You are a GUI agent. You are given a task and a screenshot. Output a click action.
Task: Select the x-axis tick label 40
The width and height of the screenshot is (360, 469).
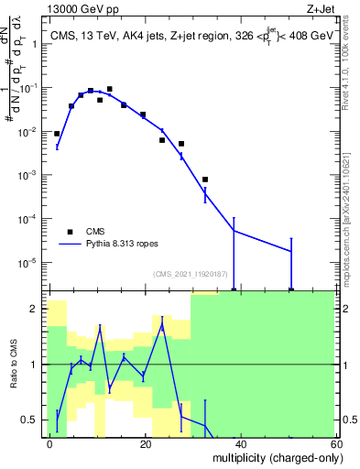coord(240,443)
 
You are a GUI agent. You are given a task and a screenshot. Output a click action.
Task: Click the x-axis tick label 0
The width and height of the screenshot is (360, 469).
coord(50,443)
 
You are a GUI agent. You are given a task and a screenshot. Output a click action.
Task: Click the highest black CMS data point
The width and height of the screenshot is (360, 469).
coord(109,90)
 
